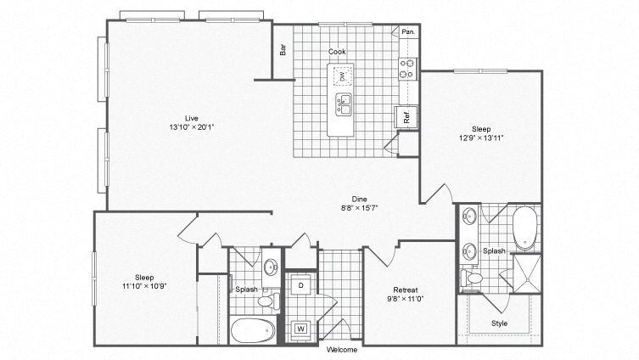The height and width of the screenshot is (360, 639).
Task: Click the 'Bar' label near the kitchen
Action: coord(283,50)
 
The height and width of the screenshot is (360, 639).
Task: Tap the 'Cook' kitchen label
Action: coord(338,52)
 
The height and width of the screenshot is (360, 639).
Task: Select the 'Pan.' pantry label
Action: coord(408,32)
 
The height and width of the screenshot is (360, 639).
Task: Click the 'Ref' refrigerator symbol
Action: coord(406,117)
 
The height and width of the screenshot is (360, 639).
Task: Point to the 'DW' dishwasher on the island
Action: coord(343,77)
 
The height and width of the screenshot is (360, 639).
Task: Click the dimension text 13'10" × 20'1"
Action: coord(193,127)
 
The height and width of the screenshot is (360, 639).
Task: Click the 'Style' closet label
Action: coord(501,323)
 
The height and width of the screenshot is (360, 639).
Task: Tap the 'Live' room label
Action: coord(193,117)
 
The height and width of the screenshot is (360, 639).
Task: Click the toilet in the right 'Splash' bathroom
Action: coord(472,278)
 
